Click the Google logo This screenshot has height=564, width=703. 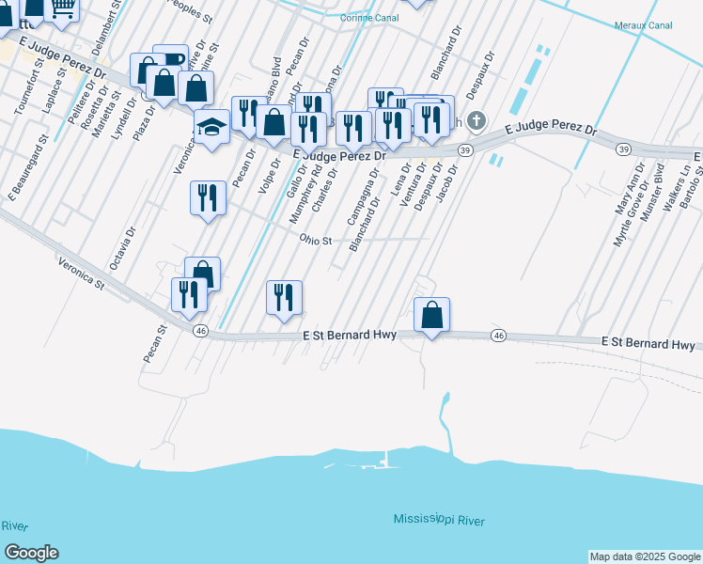click(30, 553)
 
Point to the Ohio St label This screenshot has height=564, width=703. click(317, 241)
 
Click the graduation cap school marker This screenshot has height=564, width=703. click(212, 125)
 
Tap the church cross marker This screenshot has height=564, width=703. click(476, 120)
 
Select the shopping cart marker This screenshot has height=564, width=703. click(63, 8)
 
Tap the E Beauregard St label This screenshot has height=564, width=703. click(29, 167)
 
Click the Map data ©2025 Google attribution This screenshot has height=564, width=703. click(645, 556)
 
